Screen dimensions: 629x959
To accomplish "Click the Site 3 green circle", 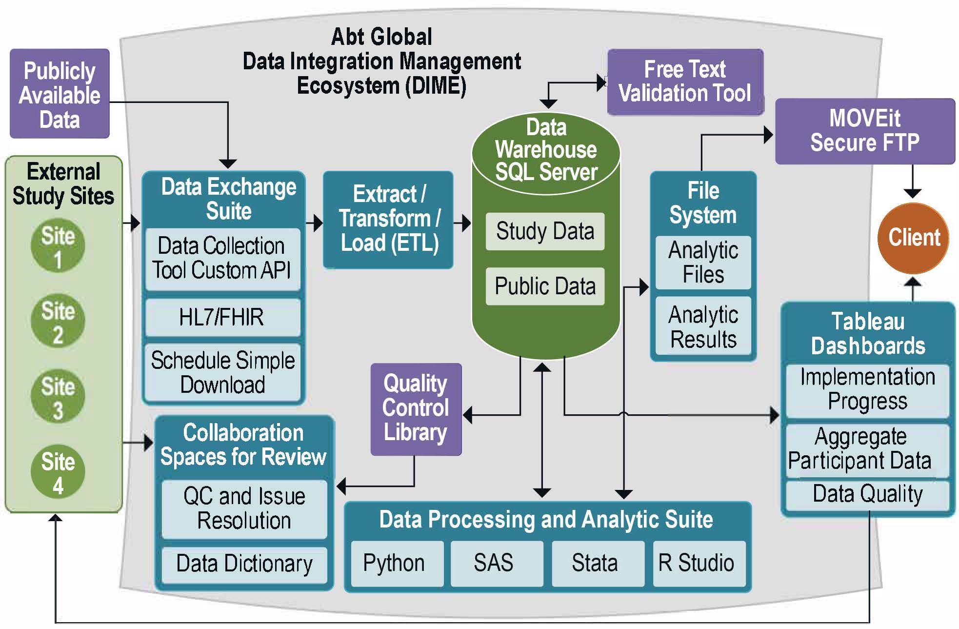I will click(x=58, y=397).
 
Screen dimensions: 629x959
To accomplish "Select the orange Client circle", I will click(x=913, y=238).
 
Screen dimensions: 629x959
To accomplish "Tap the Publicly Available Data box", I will click(x=60, y=94).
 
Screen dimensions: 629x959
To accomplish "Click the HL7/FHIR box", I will click(x=222, y=317).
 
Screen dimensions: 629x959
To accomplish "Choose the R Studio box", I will click(x=698, y=563).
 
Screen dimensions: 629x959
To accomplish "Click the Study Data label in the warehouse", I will click(x=545, y=231).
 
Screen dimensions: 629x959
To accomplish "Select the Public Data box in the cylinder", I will click(x=545, y=286).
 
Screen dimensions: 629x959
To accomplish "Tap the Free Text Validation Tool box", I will click(x=684, y=82).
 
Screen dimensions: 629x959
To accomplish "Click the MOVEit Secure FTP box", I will click(x=864, y=131).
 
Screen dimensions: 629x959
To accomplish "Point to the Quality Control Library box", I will click(x=416, y=409).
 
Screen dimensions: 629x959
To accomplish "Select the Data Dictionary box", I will click(x=244, y=564).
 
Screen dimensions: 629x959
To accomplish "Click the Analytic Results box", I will click(x=703, y=327).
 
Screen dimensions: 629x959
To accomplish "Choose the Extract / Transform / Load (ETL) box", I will click(x=388, y=219).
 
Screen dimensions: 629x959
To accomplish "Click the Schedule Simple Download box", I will click(x=222, y=372).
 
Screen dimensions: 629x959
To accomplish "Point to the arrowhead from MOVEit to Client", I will click(x=912, y=193).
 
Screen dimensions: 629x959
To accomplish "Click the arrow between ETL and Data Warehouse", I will click(x=463, y=223).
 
